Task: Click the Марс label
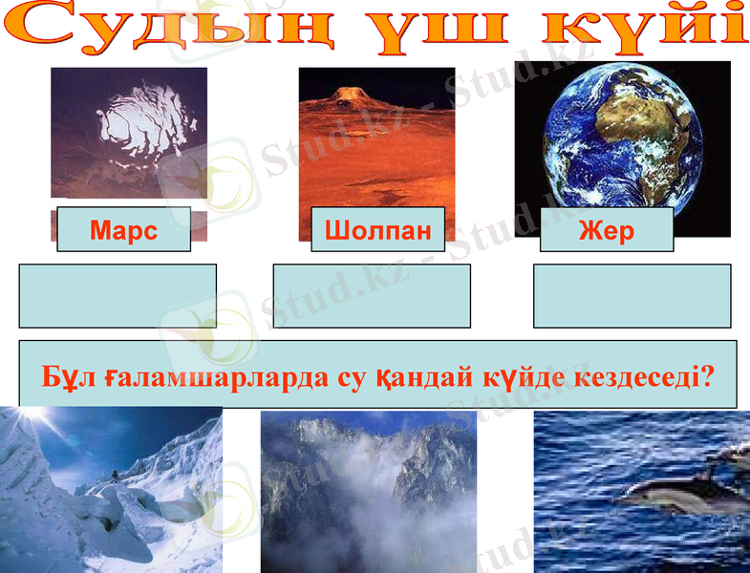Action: [123, 230]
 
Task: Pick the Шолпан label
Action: [377, 230]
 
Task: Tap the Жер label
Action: [606, 230]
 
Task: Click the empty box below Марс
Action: [118, 296]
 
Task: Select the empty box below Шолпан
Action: [372, 296]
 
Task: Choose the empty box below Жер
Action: [632, 296]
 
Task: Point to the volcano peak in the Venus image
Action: [349, 93]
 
